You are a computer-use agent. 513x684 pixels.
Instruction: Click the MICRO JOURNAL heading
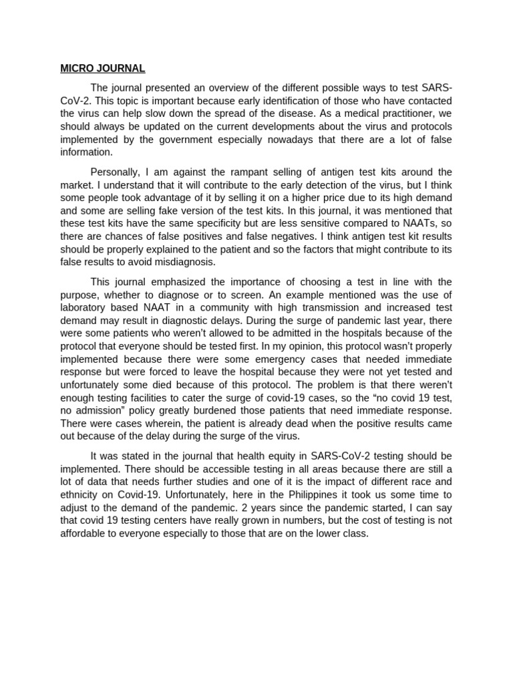(103, 68)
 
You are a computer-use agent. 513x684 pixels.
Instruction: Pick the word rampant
(218, 172)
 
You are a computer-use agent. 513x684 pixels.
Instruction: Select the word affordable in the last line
(84, 534)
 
